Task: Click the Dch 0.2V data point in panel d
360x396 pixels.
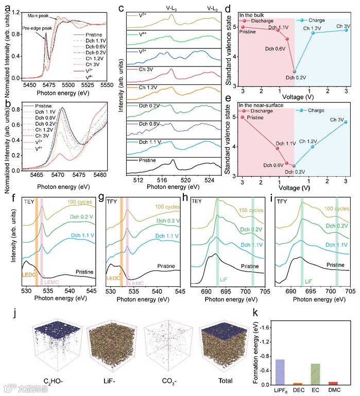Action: point(295,72)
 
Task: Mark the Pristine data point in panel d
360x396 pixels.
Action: point(243,27)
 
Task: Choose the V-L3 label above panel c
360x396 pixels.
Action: point(172,8)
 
